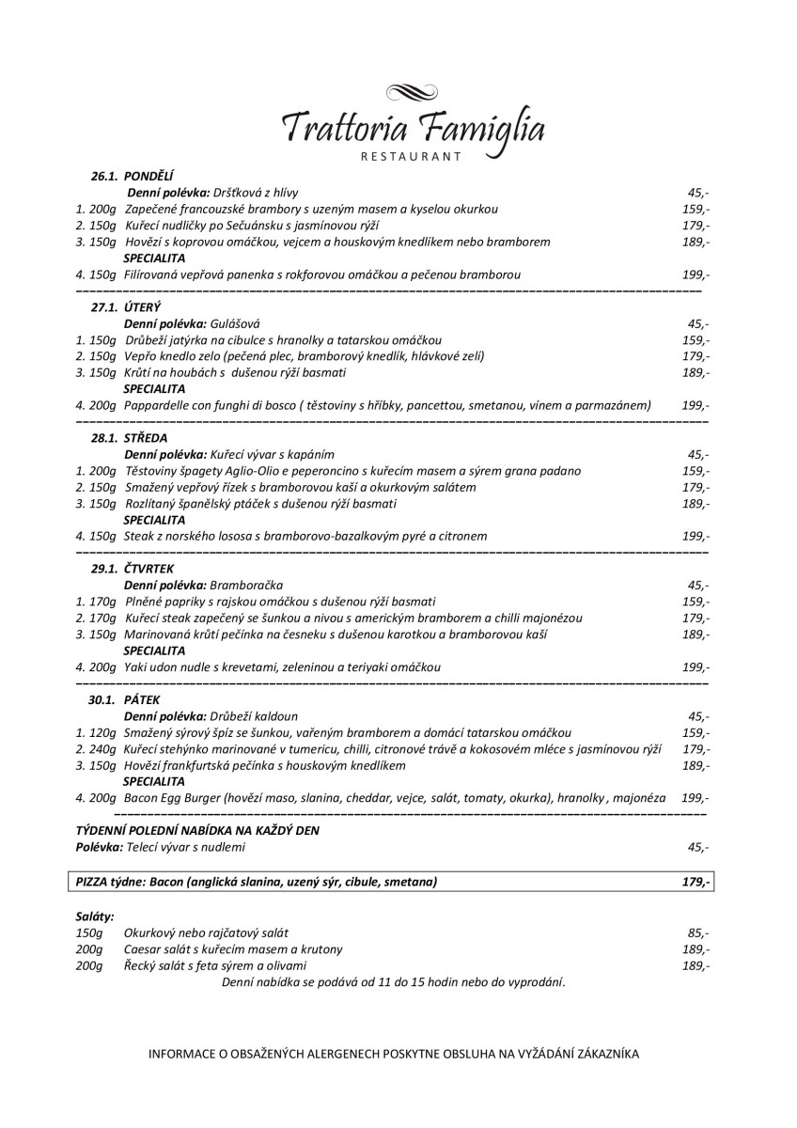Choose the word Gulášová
(235, 323)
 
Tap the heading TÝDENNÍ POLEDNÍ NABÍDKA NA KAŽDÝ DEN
(203, 831)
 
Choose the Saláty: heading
(95, 916)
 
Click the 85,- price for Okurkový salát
(697, 932)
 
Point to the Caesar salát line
(233, 949)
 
